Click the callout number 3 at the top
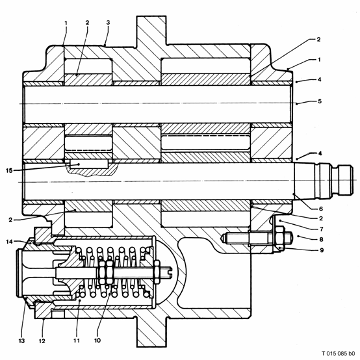click(x=108, y=23)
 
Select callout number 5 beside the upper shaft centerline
click(x=320, y=101)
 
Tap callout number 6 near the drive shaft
click(x=321, y=209)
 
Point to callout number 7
click(x=322, y=229)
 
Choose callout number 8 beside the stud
click(x=321, y=240)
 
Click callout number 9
click(x=322, y=250)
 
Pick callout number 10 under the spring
click(x=97, y=341)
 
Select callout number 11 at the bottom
click(x=77, y=341)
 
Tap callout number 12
click(x=42, y=341)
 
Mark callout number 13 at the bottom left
click(x=21, y=341)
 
